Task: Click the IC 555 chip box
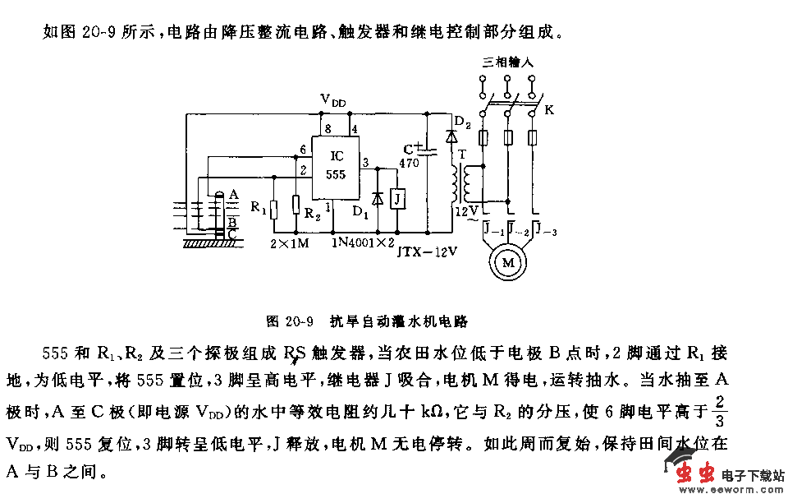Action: click(337, 165)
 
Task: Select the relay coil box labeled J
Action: click(397, 199)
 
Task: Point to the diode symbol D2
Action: click(451, 136)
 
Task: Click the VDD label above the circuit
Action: click(332, 100)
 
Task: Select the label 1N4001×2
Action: click(364, 243)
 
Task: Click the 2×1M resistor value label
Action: click(288, 243)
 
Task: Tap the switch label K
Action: click(549, 110)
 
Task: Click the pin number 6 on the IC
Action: click(303, 150)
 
